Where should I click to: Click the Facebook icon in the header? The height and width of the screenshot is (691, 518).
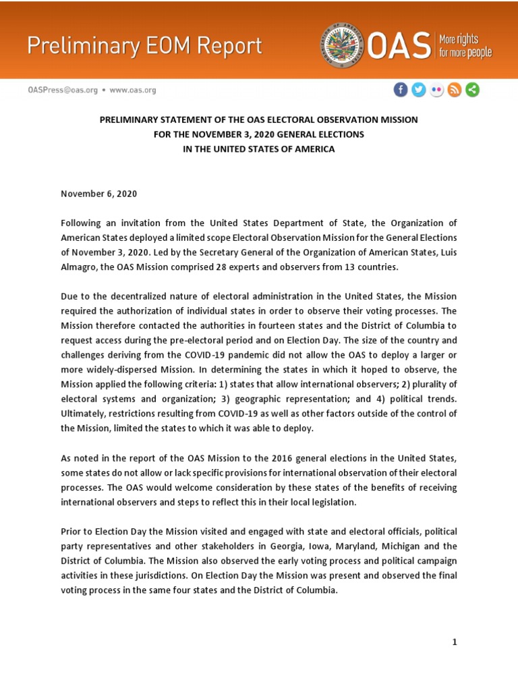tap(401, 90)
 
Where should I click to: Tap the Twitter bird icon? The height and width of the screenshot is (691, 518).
tap(419, 90)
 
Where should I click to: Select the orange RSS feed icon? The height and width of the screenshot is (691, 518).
tap(455, 90)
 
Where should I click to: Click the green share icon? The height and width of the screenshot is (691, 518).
tap(472, 90)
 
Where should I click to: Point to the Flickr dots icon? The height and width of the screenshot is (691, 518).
tap(437, 90)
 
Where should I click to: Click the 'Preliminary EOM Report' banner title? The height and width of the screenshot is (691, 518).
tap(144, 46)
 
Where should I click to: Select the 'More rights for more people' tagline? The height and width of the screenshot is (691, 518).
tap(465, 45)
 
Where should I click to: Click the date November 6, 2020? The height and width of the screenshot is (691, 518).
tap(98, 194)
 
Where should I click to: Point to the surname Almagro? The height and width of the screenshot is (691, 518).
tap(78, 267)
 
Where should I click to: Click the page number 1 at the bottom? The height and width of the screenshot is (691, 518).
tap(455, 642)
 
